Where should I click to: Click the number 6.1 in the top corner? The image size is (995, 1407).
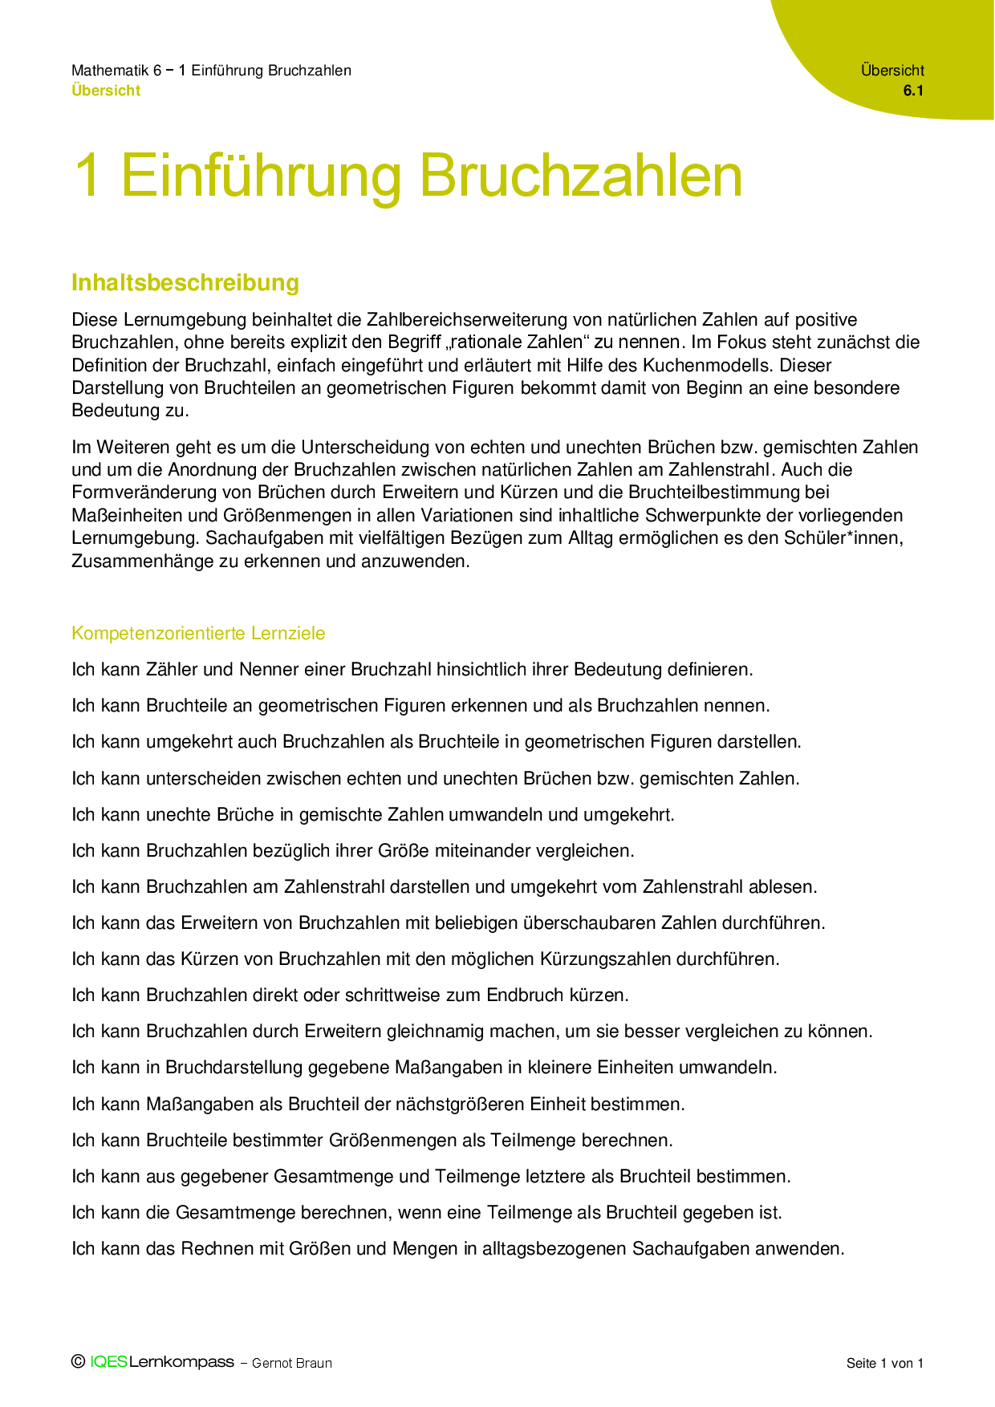(x=913, y=91)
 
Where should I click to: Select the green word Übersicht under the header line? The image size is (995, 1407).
(x=105, y=91)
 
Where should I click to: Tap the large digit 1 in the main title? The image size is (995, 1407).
(x=87, y=176)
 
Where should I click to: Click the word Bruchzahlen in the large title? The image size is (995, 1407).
(x=580, y=176)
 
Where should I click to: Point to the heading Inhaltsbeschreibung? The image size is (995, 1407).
(x=185, y=282)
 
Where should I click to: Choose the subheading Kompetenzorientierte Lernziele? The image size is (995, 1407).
(x=198, y=633)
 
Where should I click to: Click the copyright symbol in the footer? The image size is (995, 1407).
(x=78, y=1361)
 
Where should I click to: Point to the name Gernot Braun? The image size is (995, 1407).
(x=291, y=1363)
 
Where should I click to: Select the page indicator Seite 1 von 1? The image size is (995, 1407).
(x=884, y=1363)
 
